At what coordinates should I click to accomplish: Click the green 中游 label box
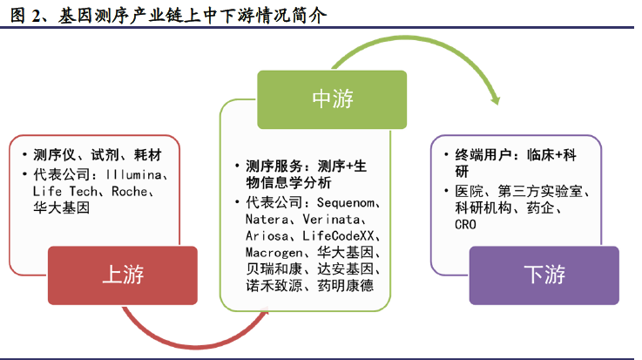pos(332,99)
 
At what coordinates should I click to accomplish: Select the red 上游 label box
pos(123,275)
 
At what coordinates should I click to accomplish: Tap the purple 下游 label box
pos(544,275)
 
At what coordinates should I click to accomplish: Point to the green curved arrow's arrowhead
pos(495,99)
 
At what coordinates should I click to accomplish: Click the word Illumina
pos(133,175)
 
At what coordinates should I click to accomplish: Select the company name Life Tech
pos(65,191)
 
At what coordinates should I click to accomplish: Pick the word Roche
pos(130,191)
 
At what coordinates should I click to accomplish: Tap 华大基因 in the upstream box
pos(62,207)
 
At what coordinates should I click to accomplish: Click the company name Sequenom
pos(346,202)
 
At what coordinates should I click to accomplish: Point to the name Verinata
pos(331,219)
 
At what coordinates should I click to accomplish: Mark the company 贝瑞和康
pos(274,269)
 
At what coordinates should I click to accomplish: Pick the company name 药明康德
pos(346,285)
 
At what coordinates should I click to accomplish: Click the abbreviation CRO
pos(465,224)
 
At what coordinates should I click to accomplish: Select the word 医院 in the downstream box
pos(470,191)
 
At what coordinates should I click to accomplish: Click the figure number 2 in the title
pos(36,16)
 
